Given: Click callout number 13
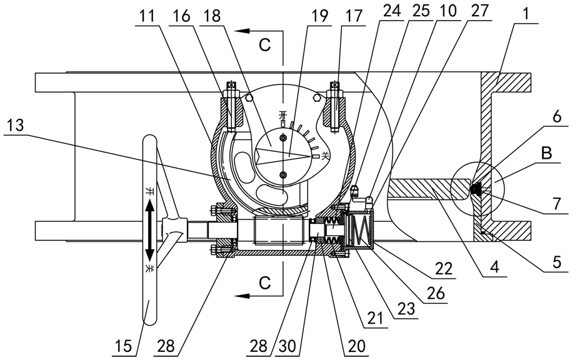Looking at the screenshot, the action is tap(15, 126).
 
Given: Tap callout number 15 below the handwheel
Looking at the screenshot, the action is tap(123, 346).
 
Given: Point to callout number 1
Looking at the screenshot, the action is tap(526, 14).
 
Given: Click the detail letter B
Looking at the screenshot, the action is tap(546, 154).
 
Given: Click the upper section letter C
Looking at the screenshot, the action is tap(265, 45).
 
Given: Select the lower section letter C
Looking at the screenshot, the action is tap(265, 282).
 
